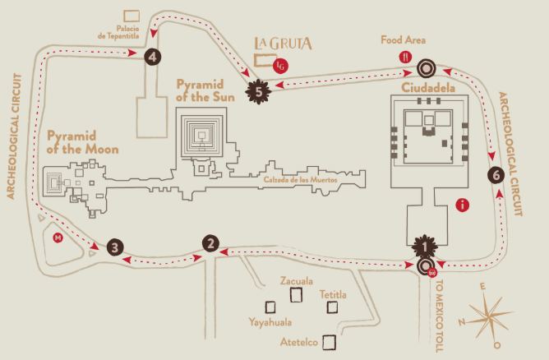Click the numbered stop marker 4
pyautogui.click(x=153, y=57)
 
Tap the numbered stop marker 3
pyautogui.click(x=115, y=247)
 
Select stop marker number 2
pyautogui.click(x=210, y=243)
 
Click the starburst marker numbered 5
pyautogui.click(x=258, y=92)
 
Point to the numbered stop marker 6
pyautogui.click(x=496, y=175)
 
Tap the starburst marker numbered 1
pyautogui.click(x=425, y=247)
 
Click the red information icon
pyautogui.click(x=462, y=205)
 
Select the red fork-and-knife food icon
pyautogui.click(x=405, y=57)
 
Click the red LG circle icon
pyautogui.click(x=280, y=66)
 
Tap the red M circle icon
pyautogui.click(x=58, y=238)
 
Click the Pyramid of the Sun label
pyautogui.click(x=205, y=90)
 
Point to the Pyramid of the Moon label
pyautogui.click(x=83, y=142)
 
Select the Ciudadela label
pyautogui.click(x=428, y=88)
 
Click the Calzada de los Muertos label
pyautogui.click(x=301, y=180)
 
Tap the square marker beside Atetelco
pyautogui.click(x=329, y=342)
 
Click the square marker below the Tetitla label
pyautogui.click(x=332, y=307)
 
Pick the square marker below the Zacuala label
pyautogui.click(x=296, y=294)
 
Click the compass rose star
pyautogui.click(x=487, y=315)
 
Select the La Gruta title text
pyautogui.click(x=283, y=43)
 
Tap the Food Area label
pyautogui.click(x=403, y=40)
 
